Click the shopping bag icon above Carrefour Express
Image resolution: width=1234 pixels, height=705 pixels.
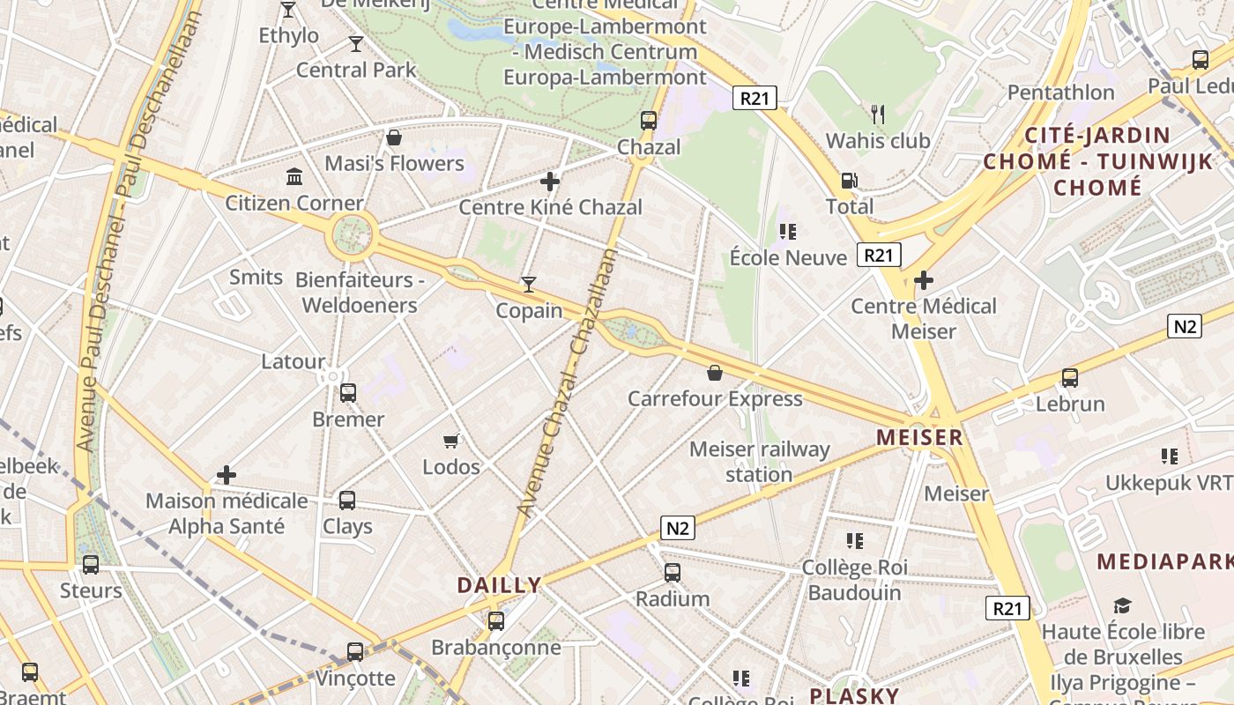(715, 374)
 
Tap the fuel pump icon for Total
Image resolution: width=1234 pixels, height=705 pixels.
(849, 181)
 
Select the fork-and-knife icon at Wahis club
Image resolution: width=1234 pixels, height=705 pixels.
(878, 115)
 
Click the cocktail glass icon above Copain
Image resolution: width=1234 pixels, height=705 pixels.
(528, 284)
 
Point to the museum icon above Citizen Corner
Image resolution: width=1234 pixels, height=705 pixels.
(294, 177)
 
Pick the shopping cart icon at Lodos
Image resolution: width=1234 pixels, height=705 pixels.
(451, 441)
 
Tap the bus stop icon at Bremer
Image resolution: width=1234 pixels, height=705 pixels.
(348, 393)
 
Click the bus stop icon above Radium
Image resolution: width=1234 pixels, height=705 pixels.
(673, 573)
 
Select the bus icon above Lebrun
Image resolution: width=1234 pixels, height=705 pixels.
(1069, 378)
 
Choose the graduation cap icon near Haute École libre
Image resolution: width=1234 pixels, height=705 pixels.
(1122, 606)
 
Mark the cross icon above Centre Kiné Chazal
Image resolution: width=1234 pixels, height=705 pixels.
(550, 182)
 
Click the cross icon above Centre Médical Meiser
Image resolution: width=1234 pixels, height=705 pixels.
(924, 281)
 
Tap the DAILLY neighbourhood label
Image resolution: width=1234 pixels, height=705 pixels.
(499, 585)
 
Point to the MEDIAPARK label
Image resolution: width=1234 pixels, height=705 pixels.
(1164, 561)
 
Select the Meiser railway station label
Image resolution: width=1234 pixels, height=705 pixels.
(759, 462)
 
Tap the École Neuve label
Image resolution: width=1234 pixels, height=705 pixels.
(788, 257)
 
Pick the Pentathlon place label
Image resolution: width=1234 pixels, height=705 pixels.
(1060, 93)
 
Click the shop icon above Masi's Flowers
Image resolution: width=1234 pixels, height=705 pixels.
(394, 137)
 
